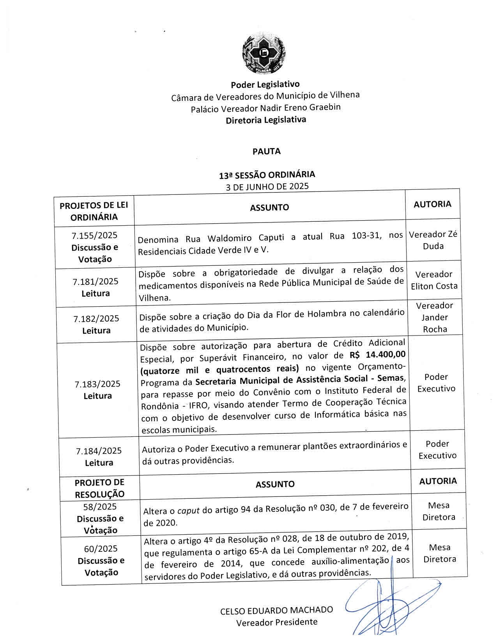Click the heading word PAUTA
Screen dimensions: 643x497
(x=267, y=152)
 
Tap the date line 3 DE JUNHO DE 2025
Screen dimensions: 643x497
(x=267, y=186)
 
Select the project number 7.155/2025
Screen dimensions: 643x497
(x=94, y=235)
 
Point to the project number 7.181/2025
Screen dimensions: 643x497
(x=96, y=281)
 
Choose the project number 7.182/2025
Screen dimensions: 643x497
(x=96, y=318)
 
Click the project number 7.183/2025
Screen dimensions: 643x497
(x=97, y=384)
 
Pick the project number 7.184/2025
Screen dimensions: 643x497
(x=99, y=451)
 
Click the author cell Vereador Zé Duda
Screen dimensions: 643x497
(x=433, y=240)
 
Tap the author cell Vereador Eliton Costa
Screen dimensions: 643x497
(x=434, y=280)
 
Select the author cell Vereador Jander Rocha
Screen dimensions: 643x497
(x=435, y=317)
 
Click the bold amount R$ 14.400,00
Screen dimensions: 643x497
(x=377, y=355)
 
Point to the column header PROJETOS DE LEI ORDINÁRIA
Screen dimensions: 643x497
(x=94, y=211)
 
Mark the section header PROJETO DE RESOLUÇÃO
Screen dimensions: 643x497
(x=99, y=488)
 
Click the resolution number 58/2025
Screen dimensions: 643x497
(x=100, y=507)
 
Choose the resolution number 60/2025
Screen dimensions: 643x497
(x=101, y=549)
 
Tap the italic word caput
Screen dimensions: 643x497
(x=188, y=511)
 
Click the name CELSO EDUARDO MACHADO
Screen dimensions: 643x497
(x=276, y=610)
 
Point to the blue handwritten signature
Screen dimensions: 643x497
(x=390, y=608)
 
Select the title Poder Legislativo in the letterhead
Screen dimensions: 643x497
(x=265, y=84)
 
